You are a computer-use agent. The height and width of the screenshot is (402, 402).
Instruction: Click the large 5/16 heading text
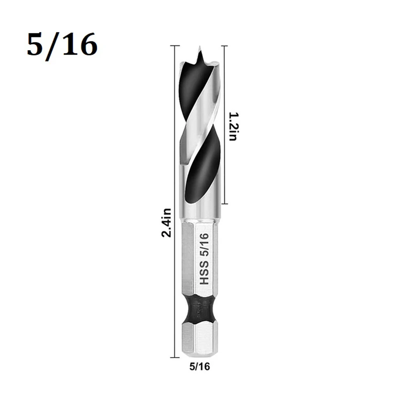click(x=62, y=45)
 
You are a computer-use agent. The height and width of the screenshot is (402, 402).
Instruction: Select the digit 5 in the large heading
click(x=35, y=45)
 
